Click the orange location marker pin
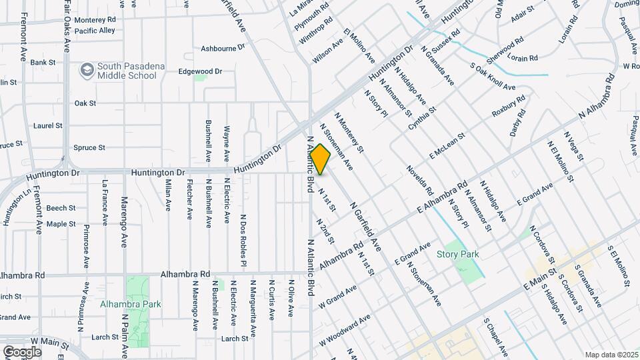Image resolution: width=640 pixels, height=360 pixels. pos(320,159)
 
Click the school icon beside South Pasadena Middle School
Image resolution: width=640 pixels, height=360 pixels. pos(86,69)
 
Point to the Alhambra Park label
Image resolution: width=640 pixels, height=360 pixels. pos(131,304)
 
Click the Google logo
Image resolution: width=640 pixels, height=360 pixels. pos(22,351)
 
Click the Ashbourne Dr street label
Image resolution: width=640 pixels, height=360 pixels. pos(223,49)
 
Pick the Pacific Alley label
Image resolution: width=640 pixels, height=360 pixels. pos(95,31)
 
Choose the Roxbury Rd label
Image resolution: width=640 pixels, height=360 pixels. pos(508,105)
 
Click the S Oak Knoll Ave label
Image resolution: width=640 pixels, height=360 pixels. pos(493,77)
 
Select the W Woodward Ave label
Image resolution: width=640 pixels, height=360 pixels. pos(343,330)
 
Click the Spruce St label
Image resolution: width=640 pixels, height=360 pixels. pos(89,148)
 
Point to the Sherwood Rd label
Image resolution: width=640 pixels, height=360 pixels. pos(501,51)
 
